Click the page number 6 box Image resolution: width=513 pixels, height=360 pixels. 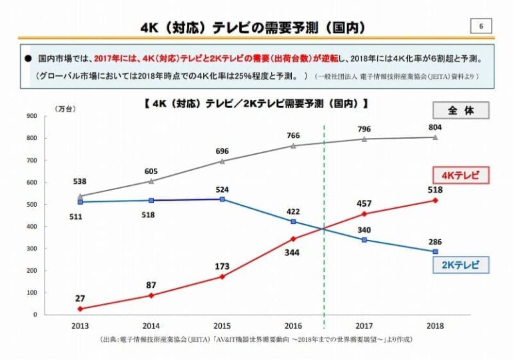pyautogui.click(x=481, y=26)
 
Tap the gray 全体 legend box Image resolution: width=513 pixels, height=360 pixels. pyautogui.click(x=460, y=110)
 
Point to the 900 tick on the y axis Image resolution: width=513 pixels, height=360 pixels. pyautogui.click(x=31, y=116)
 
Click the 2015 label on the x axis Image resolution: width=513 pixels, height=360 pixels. pyautogui.click(x=223, y=326)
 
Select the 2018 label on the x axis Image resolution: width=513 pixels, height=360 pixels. pyautogui.click(x=435, y=326)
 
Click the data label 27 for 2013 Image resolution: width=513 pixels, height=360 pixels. pyautogui.click(x=80, y=297)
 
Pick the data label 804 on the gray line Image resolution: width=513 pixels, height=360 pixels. pyautogui.click(x=434, y=127)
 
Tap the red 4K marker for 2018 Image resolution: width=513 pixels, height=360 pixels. pyautogui.click(x=435, y=200)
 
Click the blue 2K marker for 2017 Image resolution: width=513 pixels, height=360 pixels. pyautogui.click(x=364, y=239)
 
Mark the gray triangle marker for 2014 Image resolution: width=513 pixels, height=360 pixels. pyautogui.click(x=151, y=181)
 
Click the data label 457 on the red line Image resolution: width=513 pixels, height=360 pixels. pyautogui.click(x=363, y=202)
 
